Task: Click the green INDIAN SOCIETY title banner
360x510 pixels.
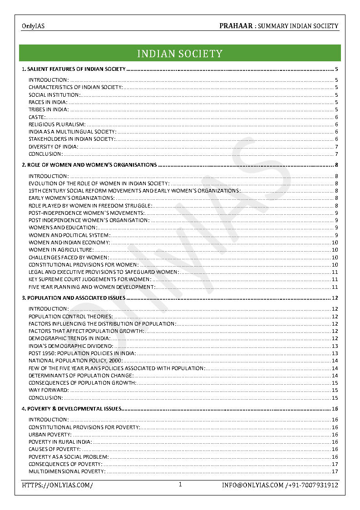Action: (x=180, y=54)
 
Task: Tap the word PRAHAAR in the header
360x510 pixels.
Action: (x=236, y=26)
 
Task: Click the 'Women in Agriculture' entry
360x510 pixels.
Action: (x=61, y=250)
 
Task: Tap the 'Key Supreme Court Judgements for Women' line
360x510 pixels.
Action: (x=90, y=279)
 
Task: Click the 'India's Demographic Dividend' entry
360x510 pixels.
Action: (x=71, y=346)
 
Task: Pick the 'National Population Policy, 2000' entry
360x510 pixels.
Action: (x=75, y=361)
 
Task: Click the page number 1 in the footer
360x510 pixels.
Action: (x=180, y=485)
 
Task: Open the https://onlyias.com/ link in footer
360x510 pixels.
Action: (x=58, y=485)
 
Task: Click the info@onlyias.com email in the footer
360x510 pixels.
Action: (x=252, y=485)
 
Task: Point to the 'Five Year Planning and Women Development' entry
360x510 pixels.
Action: (x=92, y=287)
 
